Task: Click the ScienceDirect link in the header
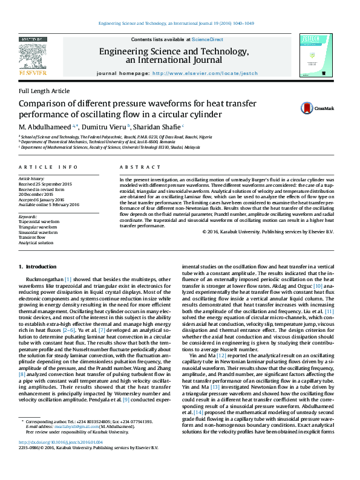[x=207, y=39]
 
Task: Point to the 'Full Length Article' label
[x=44, y=91]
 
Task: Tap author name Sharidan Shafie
[x=157, y=128]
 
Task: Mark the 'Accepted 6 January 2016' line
[x=44, y=199]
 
